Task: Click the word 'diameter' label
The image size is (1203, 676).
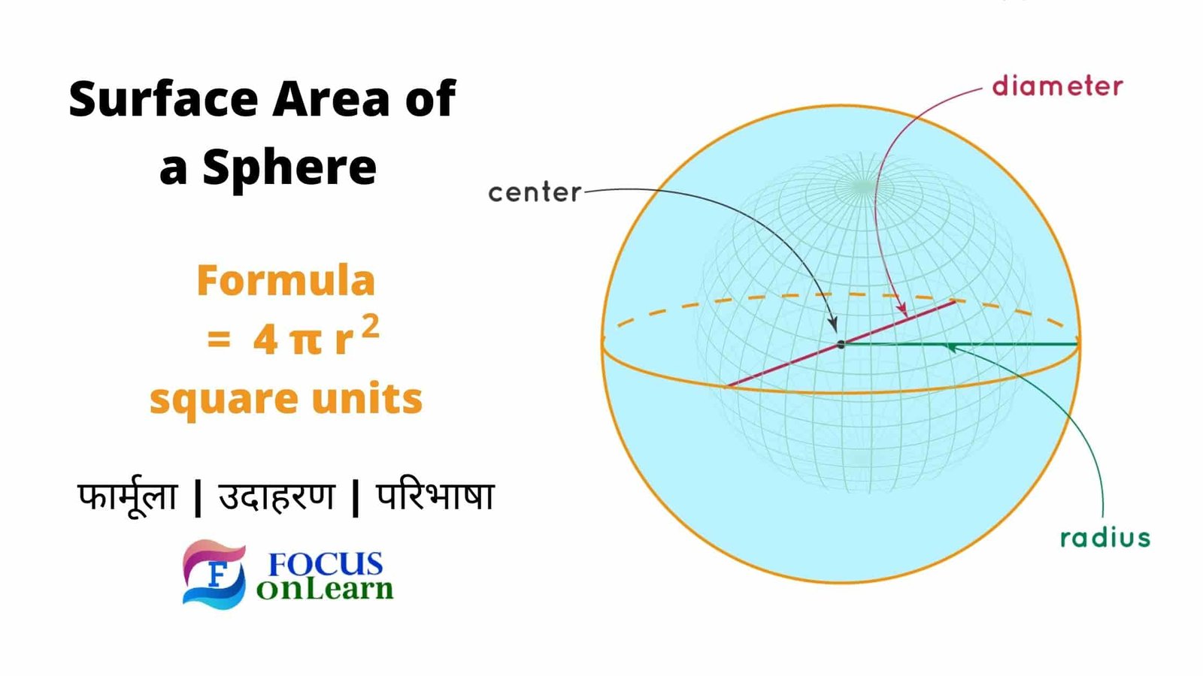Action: click(1057, 87)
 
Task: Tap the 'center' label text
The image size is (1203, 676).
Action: click(535, 192)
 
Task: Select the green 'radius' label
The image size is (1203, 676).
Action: click(1105, 537)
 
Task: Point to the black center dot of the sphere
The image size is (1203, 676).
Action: click(841, 345)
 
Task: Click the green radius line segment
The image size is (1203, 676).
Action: click(959, 344)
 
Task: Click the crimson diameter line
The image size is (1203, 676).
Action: click(841, 344)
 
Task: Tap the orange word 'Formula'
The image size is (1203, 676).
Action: click(286, 280)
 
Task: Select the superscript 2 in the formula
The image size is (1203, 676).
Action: click(371, 327)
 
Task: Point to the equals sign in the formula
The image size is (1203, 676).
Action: click(219, 339)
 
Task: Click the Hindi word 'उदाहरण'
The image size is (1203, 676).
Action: click(277, 497)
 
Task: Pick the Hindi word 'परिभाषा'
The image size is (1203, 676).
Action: click(435, 496)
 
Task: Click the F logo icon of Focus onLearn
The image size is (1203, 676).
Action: click(214, 574)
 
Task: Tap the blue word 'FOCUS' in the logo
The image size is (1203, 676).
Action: click(326, 564)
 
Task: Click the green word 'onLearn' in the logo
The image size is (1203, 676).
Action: click(325, 589)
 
